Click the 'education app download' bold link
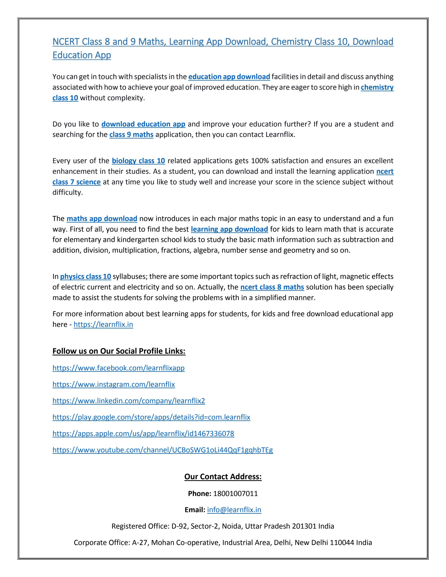click(229, 77)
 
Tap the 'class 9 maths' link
click(131, 134)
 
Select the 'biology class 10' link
click(139, 161)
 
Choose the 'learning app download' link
click(229, 229)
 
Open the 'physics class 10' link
click(86, 276)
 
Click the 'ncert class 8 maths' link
click(272, 287)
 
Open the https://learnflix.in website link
click(103, 324)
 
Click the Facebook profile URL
click(118, 368)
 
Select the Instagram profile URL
click(114, 384)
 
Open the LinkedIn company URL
click(129, 401)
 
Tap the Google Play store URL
click(151, 417)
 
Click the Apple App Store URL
click(143, 433)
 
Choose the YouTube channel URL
click(162, 450)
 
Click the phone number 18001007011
click(235, 493)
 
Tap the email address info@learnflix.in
click(234, 510)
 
